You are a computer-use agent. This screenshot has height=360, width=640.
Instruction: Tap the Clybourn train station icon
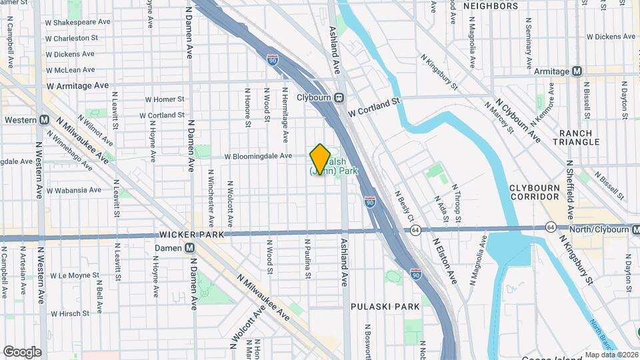click(x=339, y=97)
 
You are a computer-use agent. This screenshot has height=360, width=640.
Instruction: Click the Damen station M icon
click(x=190, y=247)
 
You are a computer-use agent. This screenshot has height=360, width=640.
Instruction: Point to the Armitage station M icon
click(x=577, y=71)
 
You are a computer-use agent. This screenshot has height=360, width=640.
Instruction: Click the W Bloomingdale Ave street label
click(x=258, y=156)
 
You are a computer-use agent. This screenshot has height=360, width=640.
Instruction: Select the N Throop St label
click(x=457, y=203)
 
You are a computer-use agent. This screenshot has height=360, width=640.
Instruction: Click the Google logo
click(x=22, y=351)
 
